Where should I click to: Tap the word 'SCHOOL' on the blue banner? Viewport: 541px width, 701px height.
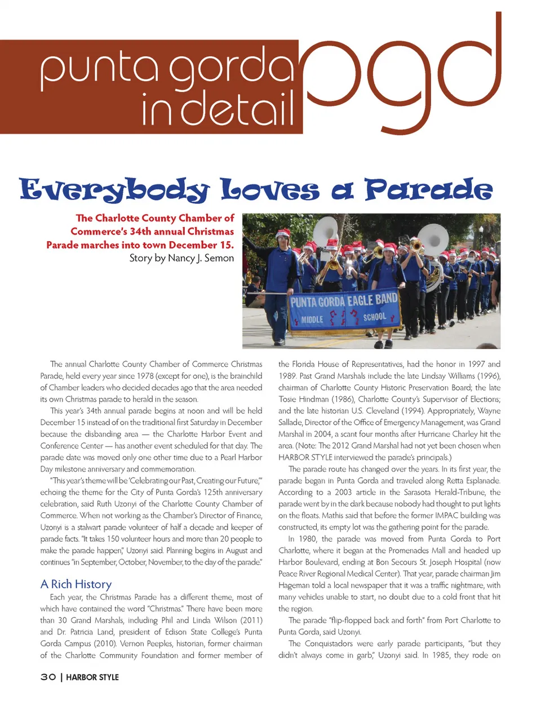375,317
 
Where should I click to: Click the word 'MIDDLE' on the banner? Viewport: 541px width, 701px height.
312,320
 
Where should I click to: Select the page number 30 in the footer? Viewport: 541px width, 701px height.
48,677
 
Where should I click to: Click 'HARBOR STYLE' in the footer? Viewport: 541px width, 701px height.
92,677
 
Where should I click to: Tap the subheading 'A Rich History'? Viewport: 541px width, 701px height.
76,584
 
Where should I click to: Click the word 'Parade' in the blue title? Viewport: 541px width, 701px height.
428,189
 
